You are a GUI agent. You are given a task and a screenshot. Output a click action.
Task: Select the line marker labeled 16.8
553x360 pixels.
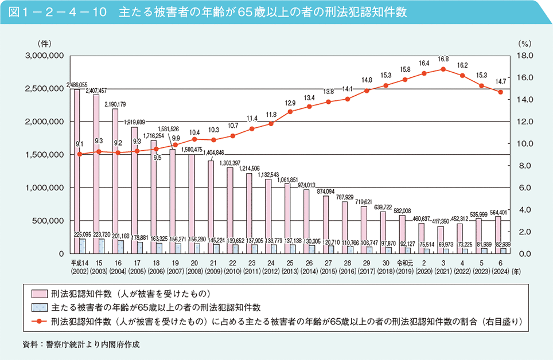[x=443, y=69]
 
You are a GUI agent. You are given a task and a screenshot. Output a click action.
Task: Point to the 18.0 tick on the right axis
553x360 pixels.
[x=525, y=56]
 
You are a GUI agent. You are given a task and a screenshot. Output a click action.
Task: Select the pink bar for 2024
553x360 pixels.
[x=497, y=234]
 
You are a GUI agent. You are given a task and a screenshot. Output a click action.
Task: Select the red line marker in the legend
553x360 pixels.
[x=37, y=321]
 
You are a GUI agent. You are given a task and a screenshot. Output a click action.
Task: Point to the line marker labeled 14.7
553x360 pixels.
[x=500, y=92]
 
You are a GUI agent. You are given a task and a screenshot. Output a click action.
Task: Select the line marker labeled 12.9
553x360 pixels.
[x=290, y=111]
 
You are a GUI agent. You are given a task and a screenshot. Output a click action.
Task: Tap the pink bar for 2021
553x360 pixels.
[x=440, y=240]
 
